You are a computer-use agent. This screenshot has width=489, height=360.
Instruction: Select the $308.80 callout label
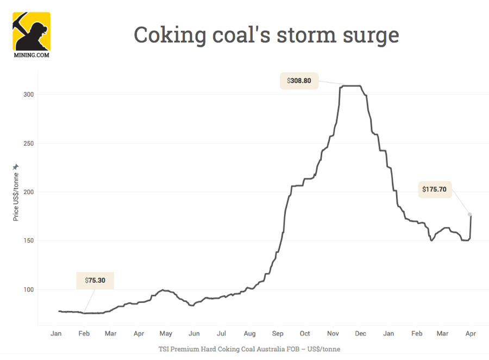[x=299, y=80]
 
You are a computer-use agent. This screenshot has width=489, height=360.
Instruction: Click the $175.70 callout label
[x=434, y=189]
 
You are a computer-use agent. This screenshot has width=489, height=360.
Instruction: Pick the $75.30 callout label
[x=95, y=281]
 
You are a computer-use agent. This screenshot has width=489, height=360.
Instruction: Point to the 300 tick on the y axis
[x=28, y=95]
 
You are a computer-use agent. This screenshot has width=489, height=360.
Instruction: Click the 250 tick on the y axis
[x=28, y=144]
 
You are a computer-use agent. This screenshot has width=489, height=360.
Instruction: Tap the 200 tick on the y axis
[x=28, y=192]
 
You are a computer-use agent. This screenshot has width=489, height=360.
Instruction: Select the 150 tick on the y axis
[x=28, y=241]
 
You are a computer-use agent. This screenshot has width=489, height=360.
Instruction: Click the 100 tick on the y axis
[x=28, y=289]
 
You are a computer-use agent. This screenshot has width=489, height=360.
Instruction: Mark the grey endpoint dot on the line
[x=470, y=214]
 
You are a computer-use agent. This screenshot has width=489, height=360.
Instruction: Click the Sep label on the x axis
[x=278, y=333]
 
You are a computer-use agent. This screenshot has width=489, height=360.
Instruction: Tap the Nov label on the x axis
[x=334, y=333]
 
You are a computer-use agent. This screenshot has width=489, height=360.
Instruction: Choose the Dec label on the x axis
[x=361, y=333]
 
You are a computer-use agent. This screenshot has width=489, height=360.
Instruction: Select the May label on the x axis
[x=166, y=333]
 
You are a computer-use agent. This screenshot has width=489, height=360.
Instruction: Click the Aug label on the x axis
[x=249, y=333]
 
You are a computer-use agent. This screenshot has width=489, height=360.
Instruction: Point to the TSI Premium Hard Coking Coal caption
[x=249, y=349]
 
